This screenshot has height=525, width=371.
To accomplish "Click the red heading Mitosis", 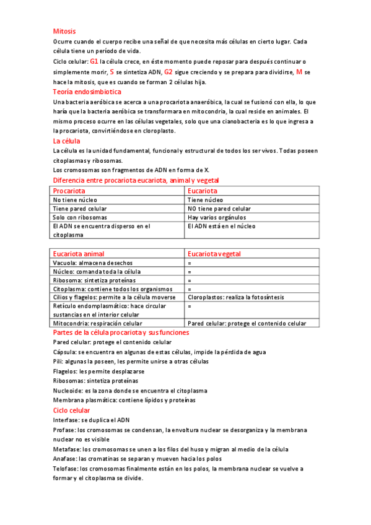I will click(x=64, y=30).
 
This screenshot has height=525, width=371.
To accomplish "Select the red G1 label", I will click(x=94, y=62).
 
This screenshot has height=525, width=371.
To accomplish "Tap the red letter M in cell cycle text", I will click(x=299, y=72).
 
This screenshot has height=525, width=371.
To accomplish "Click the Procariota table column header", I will click(x=69, y=191).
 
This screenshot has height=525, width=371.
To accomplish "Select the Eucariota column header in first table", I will click(x=203, y=191).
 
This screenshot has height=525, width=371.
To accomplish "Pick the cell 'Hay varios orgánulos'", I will click(x=217, y=217).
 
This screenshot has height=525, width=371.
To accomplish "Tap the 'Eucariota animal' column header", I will click(x=79, y=254).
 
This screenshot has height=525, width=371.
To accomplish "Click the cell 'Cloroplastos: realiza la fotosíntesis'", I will click(x=236, y=297).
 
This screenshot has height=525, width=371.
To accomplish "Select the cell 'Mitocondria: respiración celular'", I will click(x=97, y=323).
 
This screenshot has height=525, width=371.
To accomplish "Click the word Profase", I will click(x=64, y=430).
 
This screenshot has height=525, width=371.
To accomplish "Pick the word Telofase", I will click(x=66, y=469).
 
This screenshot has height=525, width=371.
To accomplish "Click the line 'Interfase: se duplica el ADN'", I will click(x=91, y=420).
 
